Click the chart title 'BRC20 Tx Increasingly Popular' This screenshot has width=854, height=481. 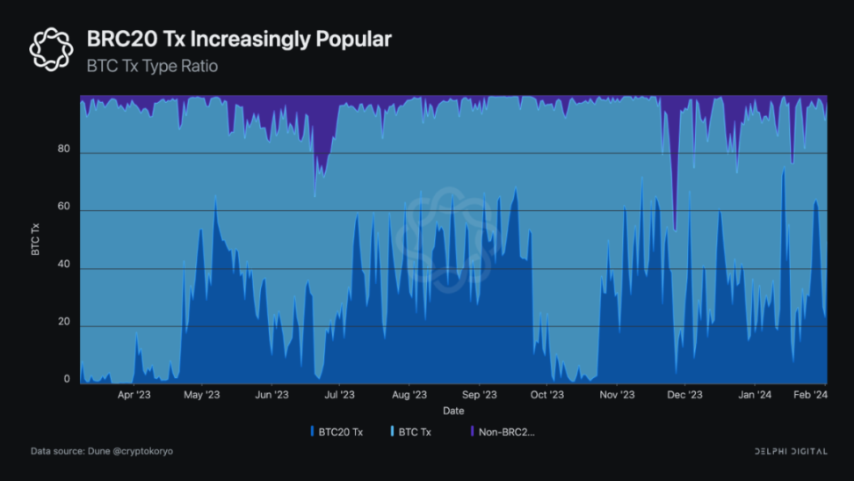point(238,39)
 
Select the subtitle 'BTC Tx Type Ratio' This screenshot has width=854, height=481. point(152,66)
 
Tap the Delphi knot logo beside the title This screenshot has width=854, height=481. point(51,49)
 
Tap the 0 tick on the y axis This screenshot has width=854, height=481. point(66,380)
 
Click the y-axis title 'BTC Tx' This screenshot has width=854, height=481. point(36,238)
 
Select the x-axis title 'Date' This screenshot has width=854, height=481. point(453,411)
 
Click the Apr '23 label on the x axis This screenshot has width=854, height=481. point(134,395)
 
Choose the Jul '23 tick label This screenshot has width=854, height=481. point(339,395)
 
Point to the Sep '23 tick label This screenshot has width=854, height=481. point(479,395)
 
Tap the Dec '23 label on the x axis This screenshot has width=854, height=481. point(684,395)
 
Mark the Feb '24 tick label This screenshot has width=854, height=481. point(808,395)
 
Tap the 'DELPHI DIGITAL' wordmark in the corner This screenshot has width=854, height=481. point(791,451)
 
